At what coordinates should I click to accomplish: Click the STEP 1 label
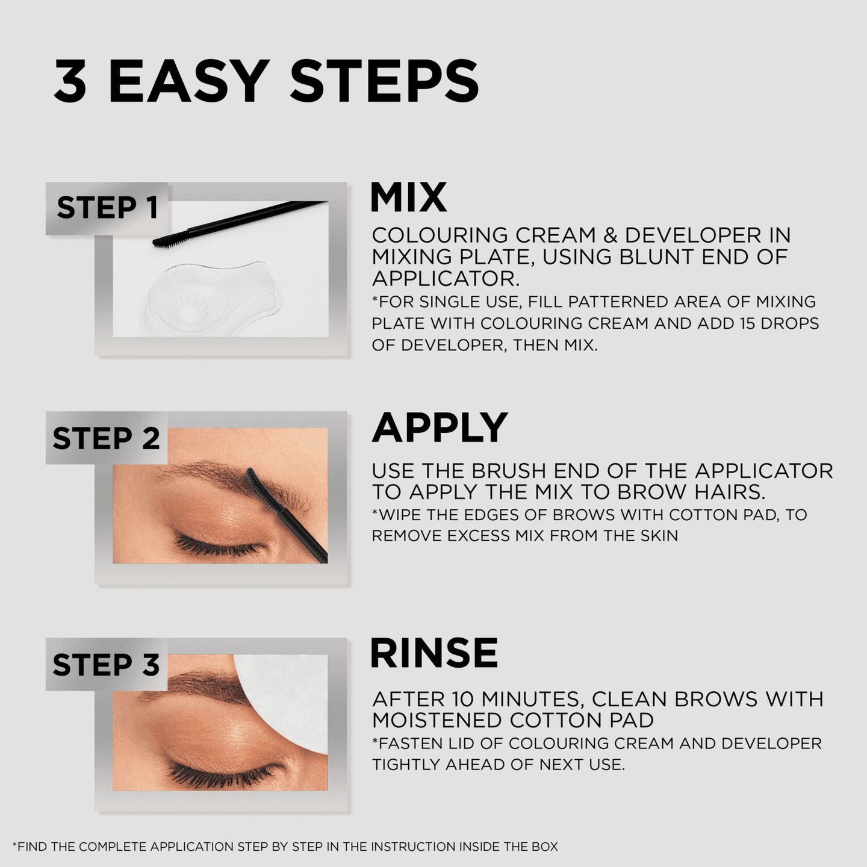(107, 208)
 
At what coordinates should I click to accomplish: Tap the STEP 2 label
(106, 438)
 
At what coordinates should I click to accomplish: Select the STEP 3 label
(106, 665)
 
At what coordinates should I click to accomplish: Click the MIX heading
(408, 197)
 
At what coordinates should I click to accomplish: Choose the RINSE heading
(433, 653)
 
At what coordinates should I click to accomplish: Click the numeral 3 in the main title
(70, 81)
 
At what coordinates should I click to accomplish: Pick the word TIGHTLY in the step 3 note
(406, 765)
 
